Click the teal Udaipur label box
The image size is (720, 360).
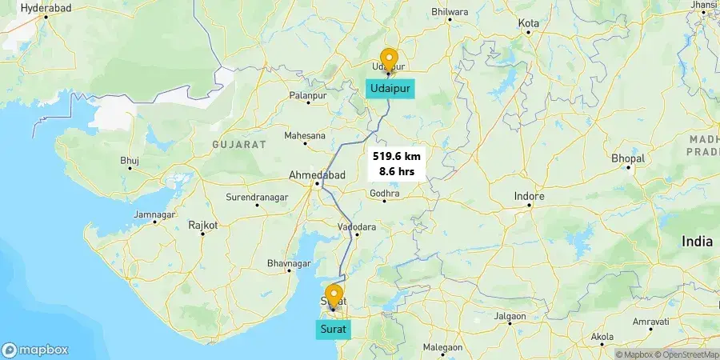click(390, 89)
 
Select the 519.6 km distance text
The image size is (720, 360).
click(396, 157)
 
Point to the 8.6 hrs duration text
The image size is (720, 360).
click(396, 171)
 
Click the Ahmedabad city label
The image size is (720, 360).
click(318, 175)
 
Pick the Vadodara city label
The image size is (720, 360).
click(357, 226)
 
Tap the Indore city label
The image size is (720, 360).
click(529, 196)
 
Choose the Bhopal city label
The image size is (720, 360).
click(628, 158)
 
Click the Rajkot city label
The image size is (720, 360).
click(202, 226)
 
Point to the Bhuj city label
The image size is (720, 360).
click(130, 161)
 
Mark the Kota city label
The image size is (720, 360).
click(529, 23)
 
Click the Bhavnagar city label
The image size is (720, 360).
click(288, 263)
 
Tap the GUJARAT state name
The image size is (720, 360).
click(238, 144)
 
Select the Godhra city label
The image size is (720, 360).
click(384, 193)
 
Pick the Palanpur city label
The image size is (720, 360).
click(309, 95)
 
